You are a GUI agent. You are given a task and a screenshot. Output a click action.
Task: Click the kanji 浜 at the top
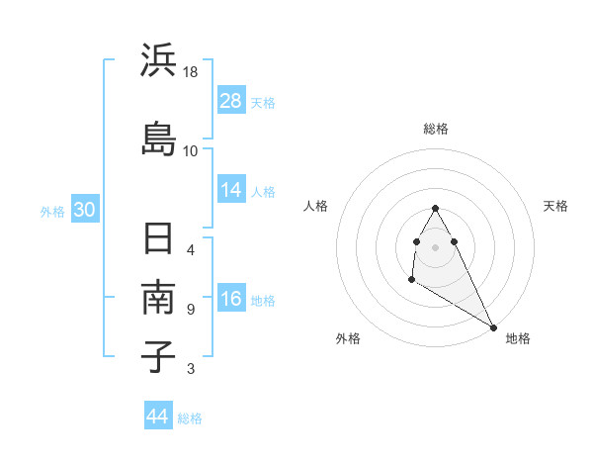click(x=159, y=62)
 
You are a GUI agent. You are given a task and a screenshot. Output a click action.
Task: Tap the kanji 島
click(x=159, y=139)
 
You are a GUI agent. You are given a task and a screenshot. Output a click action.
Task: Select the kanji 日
click(x=159, y=239)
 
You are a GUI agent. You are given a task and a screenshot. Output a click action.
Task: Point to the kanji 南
click(x=159, y=298)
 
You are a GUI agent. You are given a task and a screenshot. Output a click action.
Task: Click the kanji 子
click(x=159, y=356)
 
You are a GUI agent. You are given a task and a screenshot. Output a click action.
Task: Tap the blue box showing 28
click(x=231, y=101)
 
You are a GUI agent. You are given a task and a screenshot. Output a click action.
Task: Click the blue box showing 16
click(x=231, y=299)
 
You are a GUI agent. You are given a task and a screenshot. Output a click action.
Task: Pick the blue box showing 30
click(x=84, y=210)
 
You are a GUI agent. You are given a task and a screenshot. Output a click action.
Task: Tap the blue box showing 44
click(x=158, y=417)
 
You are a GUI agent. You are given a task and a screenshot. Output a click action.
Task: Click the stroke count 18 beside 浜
click(x=191, y=73)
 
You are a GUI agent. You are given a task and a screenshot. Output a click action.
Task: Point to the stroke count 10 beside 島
click(x=191, y=150)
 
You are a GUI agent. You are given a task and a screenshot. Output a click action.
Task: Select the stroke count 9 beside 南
click(x=191, y=309)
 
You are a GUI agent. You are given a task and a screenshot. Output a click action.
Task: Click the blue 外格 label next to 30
click(x=52, y=211)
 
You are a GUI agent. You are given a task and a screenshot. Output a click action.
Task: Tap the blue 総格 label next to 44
click(x=190, y=418)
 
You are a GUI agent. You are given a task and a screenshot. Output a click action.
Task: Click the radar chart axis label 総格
click(x=435, y=129)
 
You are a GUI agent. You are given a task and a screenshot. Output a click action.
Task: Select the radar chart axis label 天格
click(x=555, y=206)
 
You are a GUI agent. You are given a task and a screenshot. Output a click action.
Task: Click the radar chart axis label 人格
click(x=316, y=206)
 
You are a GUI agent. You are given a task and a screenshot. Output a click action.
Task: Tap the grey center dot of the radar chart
click(x=435, y=247)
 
